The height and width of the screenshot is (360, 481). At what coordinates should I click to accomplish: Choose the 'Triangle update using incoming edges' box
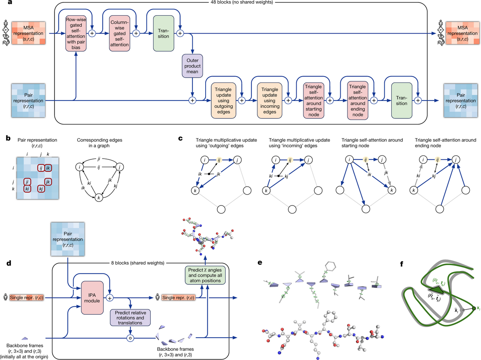coord(269,100)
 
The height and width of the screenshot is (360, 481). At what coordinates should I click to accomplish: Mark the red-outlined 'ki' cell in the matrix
coord(26,188)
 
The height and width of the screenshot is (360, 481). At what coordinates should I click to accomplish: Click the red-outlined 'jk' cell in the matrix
coord(48,182)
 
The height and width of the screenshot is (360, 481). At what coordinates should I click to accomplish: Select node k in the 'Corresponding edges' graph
coord(98,197)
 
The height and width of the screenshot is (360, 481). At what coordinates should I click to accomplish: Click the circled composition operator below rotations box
coord(129,338)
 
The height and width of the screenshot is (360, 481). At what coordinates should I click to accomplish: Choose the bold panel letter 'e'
coord(260,263)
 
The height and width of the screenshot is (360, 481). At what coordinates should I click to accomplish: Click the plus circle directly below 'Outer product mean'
coord(193,101)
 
